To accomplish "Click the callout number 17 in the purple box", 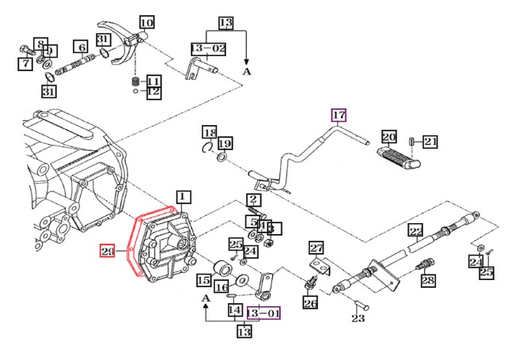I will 339,116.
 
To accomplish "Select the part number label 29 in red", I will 108,252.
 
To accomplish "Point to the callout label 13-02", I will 207,49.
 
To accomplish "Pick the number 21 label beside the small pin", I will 430,142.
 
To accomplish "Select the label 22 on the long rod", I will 416,231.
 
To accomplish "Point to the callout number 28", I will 428,280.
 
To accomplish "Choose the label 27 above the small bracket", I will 316,248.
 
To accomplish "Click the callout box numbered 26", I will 310,301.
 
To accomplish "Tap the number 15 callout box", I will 203,279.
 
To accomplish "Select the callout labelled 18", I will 209,131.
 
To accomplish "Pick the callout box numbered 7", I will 25,63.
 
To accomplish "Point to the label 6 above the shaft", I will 81,46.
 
